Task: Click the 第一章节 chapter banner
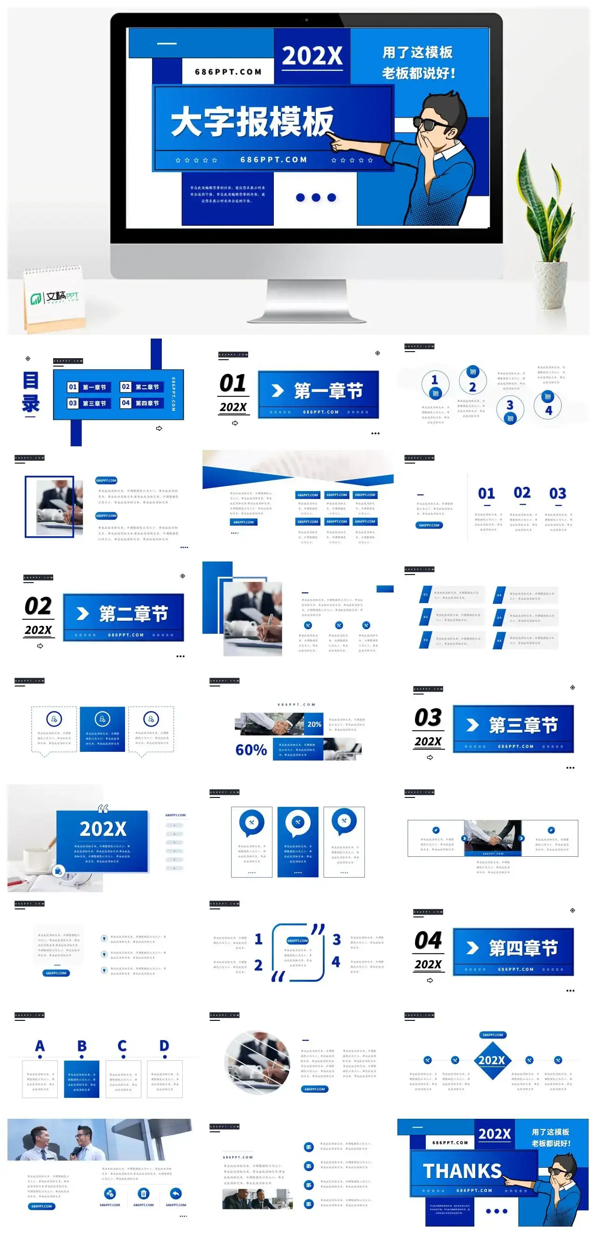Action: pyautogui.click(x=319, y=394)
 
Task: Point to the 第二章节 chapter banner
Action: pyautogui.click(x=124, y=617)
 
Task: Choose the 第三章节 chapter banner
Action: pyautogui.click(x=513, y=728)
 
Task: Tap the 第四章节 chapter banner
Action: pyautogui.click(x=513, y=951)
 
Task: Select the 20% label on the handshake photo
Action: pyautogui.click(x=314, y=724)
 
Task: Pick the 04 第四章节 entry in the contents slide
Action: pyautogui.click(x=140, y=403)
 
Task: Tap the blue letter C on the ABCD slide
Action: pyautogui.click(x=123, y=1046)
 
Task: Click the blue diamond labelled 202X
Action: pyautogui.click(x=492, y=1060)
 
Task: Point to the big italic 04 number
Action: pyautogui.click(x=428, y=940)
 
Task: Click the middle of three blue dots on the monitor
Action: pyautogui.click(x=316, y=197)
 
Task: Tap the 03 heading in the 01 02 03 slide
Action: pyautogui.click(x=558, y=493)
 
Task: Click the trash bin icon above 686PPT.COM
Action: pyautogui.click(x=144, y=1193)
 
